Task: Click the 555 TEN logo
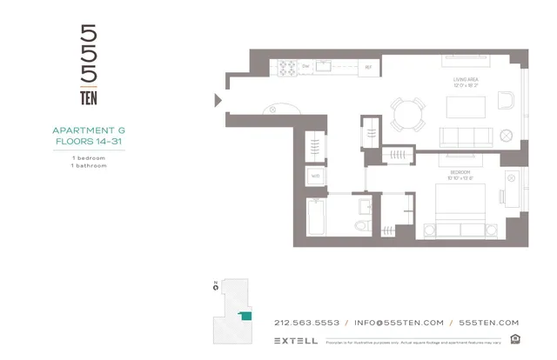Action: (88, 66)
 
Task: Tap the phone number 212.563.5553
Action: (306, 322)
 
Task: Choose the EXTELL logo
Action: (295, 339)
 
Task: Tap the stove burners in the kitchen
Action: (307, 65)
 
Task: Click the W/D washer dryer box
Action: (315, 176)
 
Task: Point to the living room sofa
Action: (465, 137)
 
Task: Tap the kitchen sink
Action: (323, 65)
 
